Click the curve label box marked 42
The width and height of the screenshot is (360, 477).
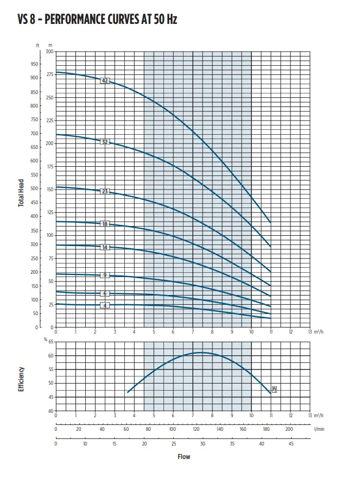(x=105, y=80)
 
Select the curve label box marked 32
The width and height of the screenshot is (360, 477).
(x=105, y=142)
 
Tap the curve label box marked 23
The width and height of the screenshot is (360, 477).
(x=105, y=191)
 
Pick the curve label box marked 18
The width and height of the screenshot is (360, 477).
(x=105, y=224)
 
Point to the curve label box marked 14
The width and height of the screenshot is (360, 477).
(x=105, y=247)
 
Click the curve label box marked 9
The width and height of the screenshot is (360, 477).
(x=105, y=275)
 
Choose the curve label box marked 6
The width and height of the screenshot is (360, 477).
(x=105, y=293)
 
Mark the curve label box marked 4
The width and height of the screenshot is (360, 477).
(x=105, y=305)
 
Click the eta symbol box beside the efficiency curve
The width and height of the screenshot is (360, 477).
(x=274, y=389)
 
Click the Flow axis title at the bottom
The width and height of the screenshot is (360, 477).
(x=184, y=456)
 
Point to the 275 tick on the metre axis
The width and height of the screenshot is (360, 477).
(x=50, y=74)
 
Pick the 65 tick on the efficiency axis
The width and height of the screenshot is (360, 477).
(x=51, y=342)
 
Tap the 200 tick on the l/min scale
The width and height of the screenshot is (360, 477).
(x=289, y=429)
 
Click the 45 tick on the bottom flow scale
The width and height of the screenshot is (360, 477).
(x=290, y=443)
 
